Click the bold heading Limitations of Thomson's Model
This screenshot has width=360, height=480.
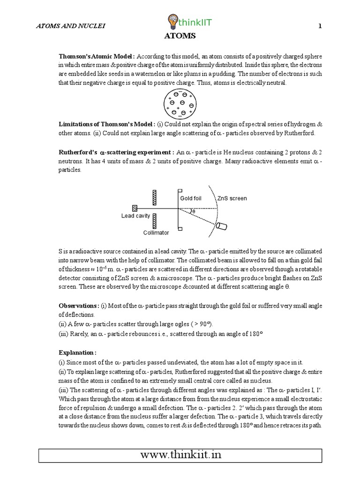[x=107, y=124]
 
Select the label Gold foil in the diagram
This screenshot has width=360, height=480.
[x=191, y=198]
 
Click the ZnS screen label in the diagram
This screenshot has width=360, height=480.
[x=232, y=198]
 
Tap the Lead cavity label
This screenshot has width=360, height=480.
[x=135, y=216]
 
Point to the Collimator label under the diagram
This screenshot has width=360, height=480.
[x=156, y=232]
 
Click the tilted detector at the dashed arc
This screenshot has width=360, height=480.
[x=221, y=226]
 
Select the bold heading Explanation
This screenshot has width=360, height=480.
[x=78, y=352]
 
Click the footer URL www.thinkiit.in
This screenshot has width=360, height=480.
[x=180, y=455]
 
